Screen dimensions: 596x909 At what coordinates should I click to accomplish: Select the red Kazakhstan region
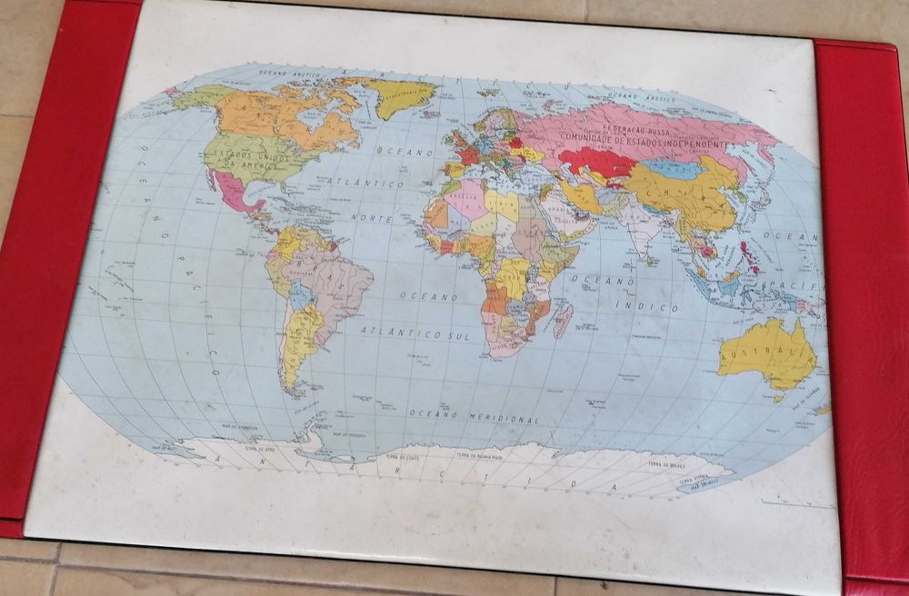pos(595,164)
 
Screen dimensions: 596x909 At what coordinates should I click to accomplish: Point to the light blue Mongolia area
pos(672,169)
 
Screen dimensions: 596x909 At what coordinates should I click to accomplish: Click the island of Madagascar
pos(563,321)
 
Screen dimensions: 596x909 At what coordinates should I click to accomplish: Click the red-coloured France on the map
pos(469,155)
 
